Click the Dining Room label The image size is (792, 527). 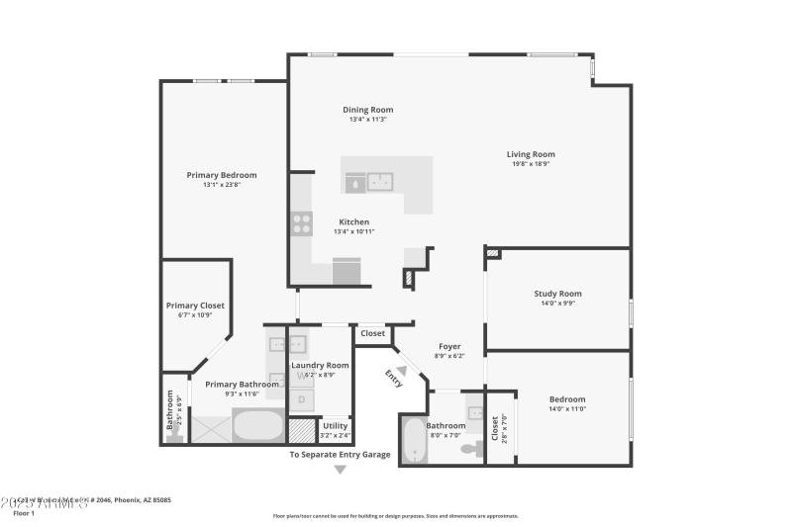pyautogui.click(x=367, y=110)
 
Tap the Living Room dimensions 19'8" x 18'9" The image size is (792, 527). pyautogui.click(x=531, y=164)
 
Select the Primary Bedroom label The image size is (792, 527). pyautogui.click(x=222, y=175)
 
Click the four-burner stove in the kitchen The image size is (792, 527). pyautogui.click(x=301, y=224)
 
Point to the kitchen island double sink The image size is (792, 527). pyautogui.click(x=380, y=182)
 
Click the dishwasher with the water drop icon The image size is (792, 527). pyautogui.click(x=353, y=183)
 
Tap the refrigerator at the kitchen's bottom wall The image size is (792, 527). pyautogui.click(x=346, y=272)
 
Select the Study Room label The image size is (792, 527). pyautogui.click(x=557, y=294)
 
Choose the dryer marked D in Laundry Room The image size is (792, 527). pyautogui.click(x=302, y=399)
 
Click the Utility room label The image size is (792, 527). pyautogui.click(x=335, y=426)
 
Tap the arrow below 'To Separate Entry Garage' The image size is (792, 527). pyautogui.click(x=340, y=470)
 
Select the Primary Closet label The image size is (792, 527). pyautogui.click(x=195, y=306)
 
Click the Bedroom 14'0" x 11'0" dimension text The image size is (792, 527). pyautogui.click(x=567, y=409)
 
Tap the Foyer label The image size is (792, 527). pyautogui.click(x=449, y=347)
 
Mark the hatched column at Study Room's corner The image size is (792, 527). pyautogui.click(x=492, y=254)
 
